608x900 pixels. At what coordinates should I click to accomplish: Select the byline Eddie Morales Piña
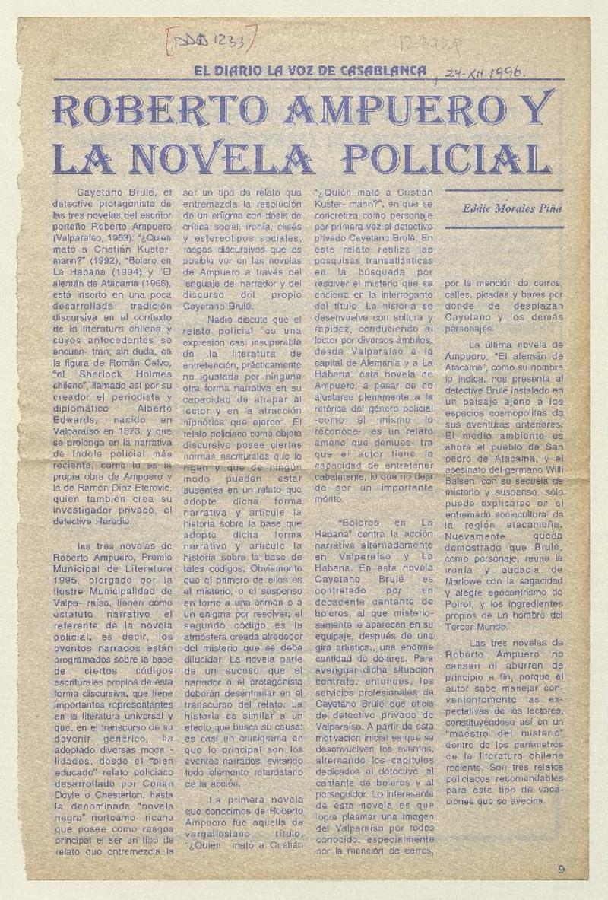511,208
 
